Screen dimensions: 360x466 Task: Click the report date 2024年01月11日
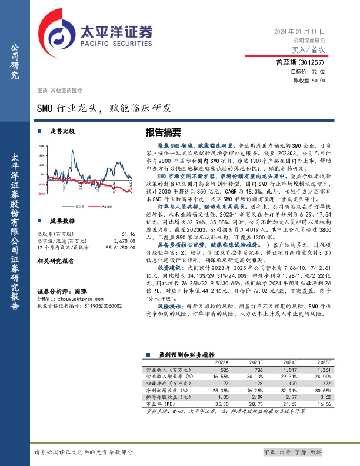click(299, 30)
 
